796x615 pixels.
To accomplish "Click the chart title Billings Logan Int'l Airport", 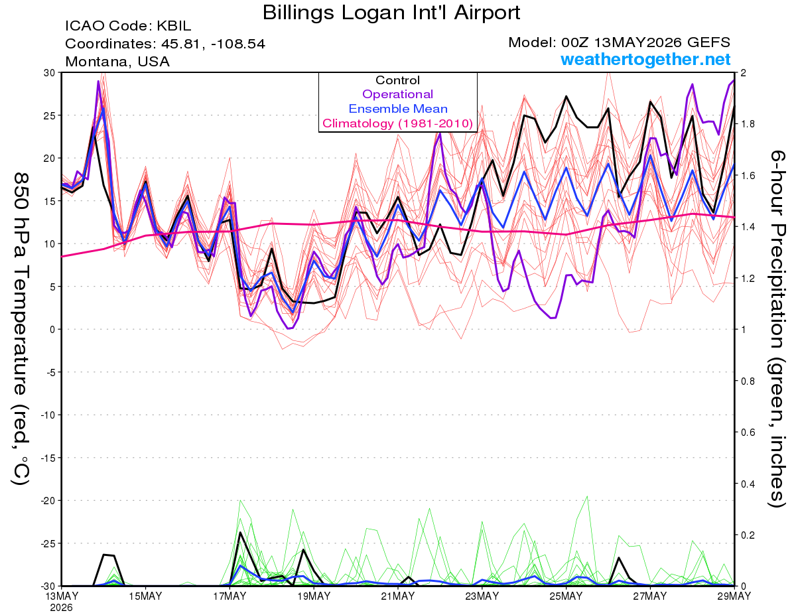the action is [391, 13].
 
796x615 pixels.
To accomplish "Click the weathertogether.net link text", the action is [645, 59].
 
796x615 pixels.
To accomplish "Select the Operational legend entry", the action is [397, 94].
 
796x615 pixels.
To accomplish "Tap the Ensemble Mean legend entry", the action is [398, 109].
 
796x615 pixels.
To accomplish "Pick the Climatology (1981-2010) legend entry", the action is [398, 123].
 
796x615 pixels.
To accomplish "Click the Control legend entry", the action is [397, 80].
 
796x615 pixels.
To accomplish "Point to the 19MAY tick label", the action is [314, 596].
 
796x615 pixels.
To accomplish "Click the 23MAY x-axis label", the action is [482, 596].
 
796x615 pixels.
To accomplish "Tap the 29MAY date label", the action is [734, 596].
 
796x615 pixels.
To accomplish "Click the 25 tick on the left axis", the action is [50, 115].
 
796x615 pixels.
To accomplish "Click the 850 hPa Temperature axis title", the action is [21, 329].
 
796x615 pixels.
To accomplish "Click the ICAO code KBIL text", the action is [128, 26].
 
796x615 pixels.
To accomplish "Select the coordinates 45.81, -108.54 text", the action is [165, 44].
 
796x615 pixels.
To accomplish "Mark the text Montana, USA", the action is [117, 62].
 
